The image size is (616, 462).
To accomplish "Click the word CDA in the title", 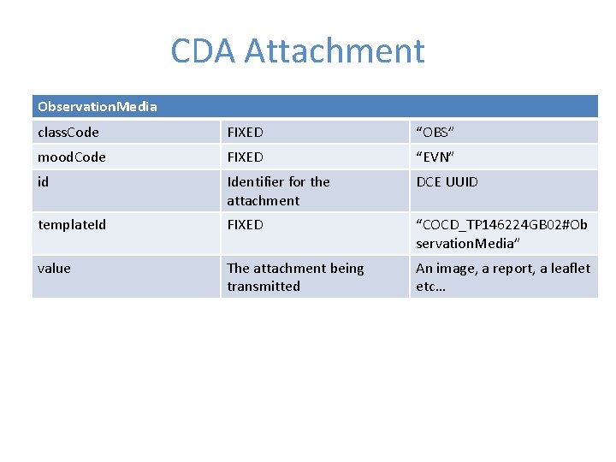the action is click(x=204, y=51).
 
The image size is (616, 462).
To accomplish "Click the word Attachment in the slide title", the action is click(x=335, y=51).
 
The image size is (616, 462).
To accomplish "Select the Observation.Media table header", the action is click(x=98, y=107).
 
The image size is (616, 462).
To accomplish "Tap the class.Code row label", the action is click(x=68, y=133).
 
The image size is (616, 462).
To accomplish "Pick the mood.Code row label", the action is click(x=72, y=157).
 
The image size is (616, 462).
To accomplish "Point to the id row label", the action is click(x=44, y=181).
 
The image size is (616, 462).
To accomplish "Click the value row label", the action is click(x=54, y=268).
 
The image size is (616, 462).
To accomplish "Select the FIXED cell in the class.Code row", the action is click(x=245, y=133).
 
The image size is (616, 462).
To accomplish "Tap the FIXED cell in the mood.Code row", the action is click(x=245, y=157).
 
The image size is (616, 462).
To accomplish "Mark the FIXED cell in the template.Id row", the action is click(x=245, y=225).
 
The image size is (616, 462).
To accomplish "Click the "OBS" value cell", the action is click(x=435, y=133).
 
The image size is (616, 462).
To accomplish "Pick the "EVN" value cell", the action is click(x=435, y=157).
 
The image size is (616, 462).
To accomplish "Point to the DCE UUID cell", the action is click(x=447, y=181).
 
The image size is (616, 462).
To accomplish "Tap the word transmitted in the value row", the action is click(x=264, y=287).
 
